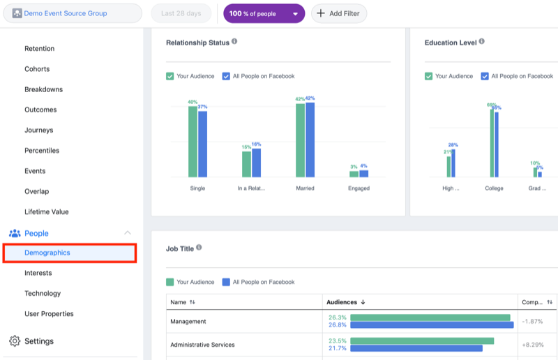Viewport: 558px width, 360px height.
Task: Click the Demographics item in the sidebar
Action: pos(47,253)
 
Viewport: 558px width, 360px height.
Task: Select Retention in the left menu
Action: pos(39,49)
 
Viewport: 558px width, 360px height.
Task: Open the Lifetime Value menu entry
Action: pos(47,211)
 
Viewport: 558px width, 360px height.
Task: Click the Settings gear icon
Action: pos(15,341)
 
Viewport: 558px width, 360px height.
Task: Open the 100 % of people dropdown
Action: pos(264,13)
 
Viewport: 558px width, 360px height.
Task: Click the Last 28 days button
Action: pos(181,13)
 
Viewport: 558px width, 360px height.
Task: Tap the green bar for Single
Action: pos(193,142)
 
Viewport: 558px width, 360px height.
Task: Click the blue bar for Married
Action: pos(310,140)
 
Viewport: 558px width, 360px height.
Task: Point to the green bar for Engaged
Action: pos(354,174)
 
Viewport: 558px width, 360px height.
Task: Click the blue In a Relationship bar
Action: pos(256,163)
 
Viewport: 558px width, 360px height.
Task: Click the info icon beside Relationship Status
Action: pos(234,42)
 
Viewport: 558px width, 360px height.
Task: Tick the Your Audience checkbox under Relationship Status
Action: pos(170,76)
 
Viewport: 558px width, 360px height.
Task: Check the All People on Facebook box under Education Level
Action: pos(485,76)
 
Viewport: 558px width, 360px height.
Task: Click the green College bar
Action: pos(492,143)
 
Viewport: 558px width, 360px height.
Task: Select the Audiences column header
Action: pos(342,302)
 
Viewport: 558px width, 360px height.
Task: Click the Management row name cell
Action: pos(188,321)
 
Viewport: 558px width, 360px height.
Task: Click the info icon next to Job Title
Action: pos(199,247)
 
